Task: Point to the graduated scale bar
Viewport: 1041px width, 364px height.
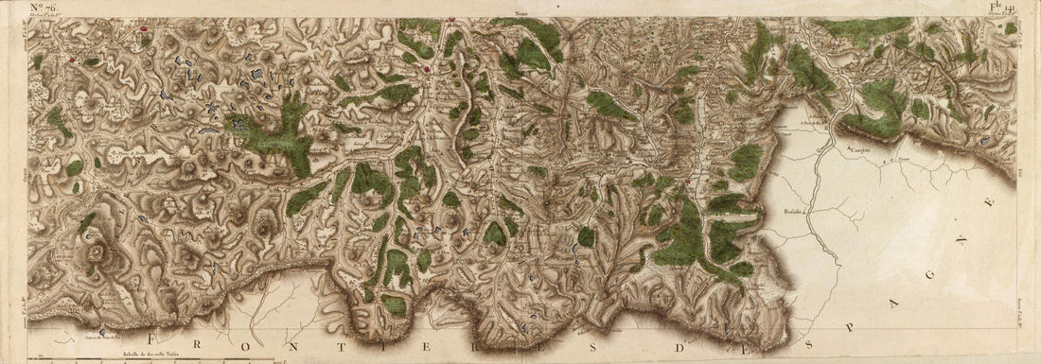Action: [x=151, y=357]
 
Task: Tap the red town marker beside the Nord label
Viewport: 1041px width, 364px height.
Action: [x=452, y=19]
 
